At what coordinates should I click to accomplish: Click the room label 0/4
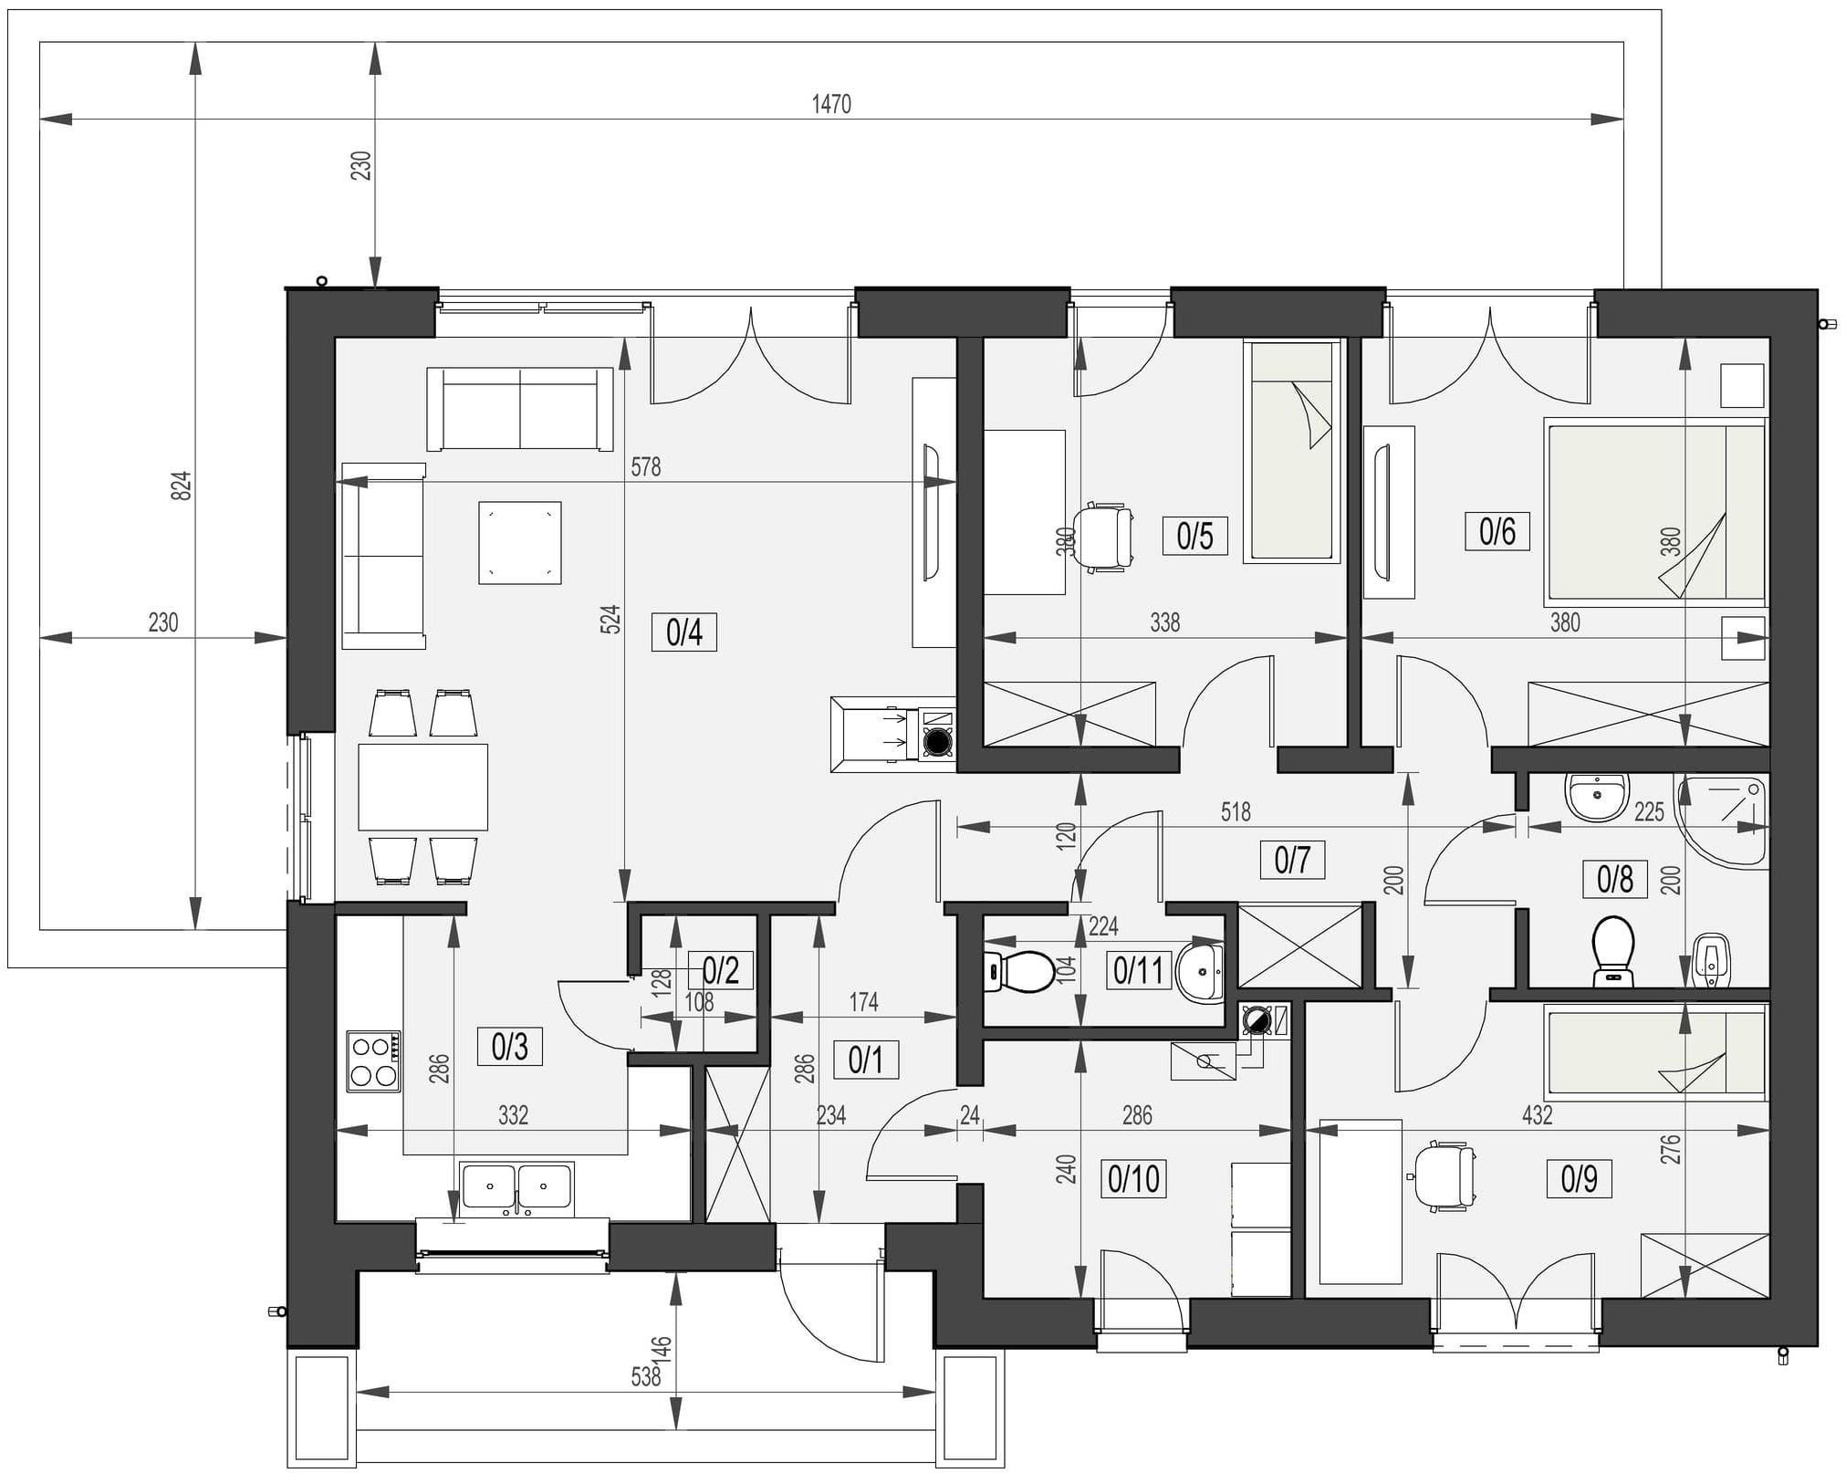pyautogui.click(x=684, y=632)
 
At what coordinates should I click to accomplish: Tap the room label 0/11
pyautogui.click(x=1138, y=970)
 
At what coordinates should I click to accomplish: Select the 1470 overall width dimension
pyautogui.click(x=831, y=104)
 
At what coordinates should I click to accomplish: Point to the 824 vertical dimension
pyautogui.click(x=183, y=485)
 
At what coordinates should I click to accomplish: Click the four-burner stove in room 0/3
pyautogui.click(x=373, y=1061)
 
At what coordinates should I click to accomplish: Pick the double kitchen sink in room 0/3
pyautogui.click(x=516, y=1189)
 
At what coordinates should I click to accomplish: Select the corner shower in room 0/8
pyautogui.click(x=1721, y=819)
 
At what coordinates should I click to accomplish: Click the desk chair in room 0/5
pyautogui.click(x=1102, y=537)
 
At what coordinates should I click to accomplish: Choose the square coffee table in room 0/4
pyautogui.click(x=519, y=542)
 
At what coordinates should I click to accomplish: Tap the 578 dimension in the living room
pyautogui.click(x=645, y=467)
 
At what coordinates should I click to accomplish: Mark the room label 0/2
pyautogui.click(x=721, y=970)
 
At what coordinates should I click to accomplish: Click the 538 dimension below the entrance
pyautogui.click(x=645, y=1376)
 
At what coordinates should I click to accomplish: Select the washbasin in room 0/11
pyautogui.click(x=1201, y=971)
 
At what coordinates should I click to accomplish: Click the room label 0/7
pyautogui.click(x=1292, y=860)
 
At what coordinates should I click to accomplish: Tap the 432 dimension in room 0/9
pyautogui.click(x=1537, y=1114)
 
